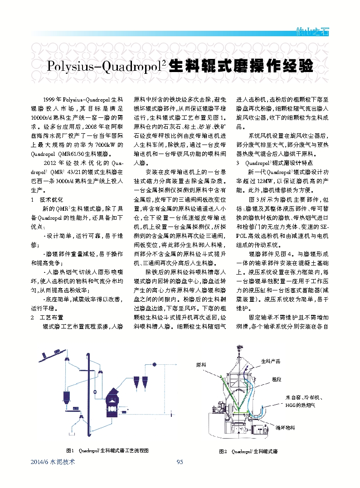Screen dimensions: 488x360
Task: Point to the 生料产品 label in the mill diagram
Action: (x=271, y=361)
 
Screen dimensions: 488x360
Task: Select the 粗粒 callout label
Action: (x=277, y=379)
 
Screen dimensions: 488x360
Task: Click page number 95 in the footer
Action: (x=180, y=462)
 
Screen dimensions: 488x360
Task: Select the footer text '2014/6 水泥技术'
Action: (x=52, y=462)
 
